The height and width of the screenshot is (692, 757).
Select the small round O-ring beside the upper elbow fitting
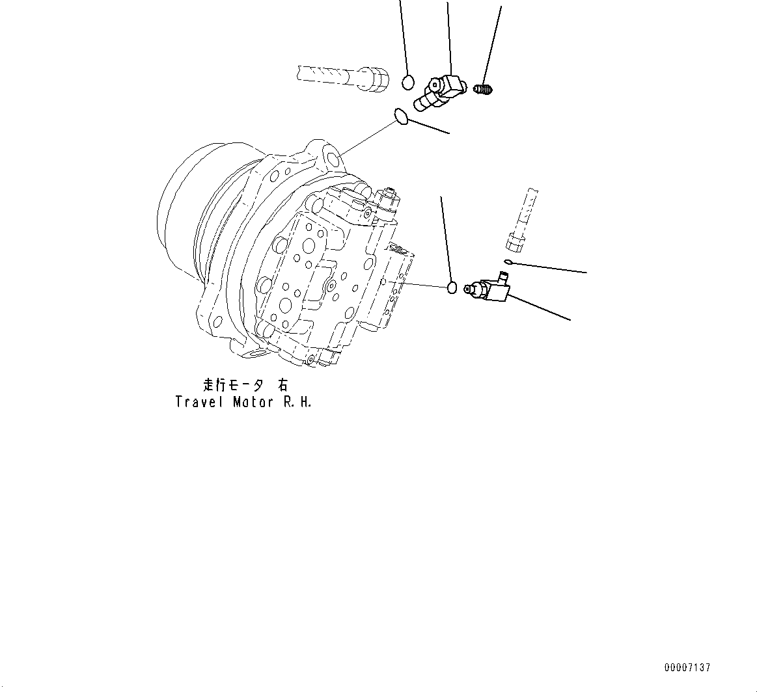(408, 83)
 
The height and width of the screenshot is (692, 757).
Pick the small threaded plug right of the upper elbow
(482, 90)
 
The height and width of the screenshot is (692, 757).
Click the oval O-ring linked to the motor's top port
(400, 117)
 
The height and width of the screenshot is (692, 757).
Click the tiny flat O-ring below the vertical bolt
(508, 262)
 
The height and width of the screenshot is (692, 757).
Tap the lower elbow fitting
(489, 288)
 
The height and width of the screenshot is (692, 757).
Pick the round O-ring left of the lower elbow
(452, 287)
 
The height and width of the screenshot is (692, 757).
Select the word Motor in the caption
(253, 402)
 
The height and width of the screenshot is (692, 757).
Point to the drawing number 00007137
(687, 667)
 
